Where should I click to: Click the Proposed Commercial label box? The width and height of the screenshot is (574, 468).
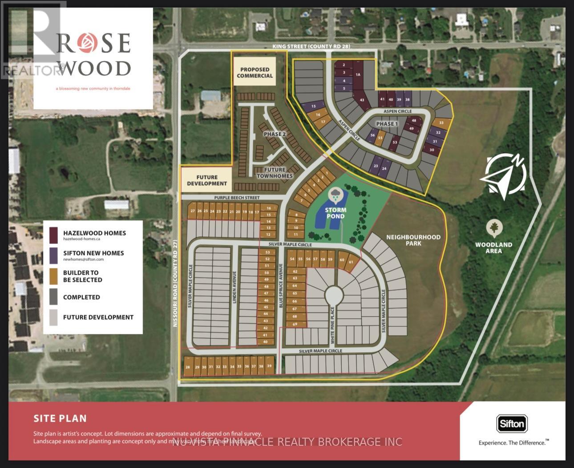point(255,72)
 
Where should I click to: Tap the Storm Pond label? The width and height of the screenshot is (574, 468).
point(336,213)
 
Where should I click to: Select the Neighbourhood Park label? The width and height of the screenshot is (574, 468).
point(413,240)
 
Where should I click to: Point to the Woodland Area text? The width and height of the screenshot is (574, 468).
point(493,248)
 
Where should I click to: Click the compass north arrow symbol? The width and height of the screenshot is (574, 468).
point(505,175)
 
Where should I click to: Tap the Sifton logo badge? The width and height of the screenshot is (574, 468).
point(512,423)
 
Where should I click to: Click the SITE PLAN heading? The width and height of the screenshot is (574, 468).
point(60,418)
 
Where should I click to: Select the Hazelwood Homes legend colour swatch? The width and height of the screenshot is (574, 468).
point(53,235)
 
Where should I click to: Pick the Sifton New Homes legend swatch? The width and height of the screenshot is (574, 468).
point(53,255)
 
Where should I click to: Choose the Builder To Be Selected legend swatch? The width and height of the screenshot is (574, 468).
point(53,276)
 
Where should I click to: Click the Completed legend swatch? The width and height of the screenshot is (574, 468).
point(53,297)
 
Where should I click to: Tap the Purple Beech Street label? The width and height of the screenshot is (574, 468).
point(237,198)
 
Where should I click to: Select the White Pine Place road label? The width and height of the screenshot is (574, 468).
point(332,325)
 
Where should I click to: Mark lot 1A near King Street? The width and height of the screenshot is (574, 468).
point(358,75)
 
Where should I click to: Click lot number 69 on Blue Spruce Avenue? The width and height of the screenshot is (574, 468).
point(295,324)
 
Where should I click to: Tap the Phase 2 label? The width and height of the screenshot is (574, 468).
point(275,134)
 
